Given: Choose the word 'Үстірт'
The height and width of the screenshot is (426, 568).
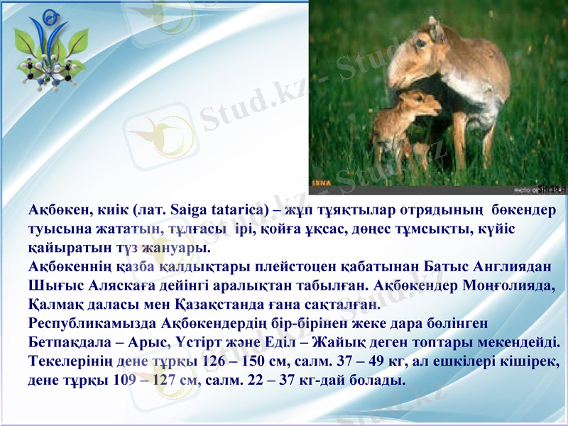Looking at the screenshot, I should tap(192, 342).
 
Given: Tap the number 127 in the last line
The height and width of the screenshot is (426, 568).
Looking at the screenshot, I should tap(165, 380).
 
